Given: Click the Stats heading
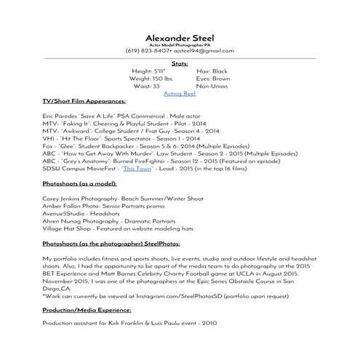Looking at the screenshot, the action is (180, 64).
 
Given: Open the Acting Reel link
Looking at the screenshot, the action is (180, 95).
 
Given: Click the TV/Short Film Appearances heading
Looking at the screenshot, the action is (84, 103).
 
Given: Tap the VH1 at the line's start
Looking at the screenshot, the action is (49, 137).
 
